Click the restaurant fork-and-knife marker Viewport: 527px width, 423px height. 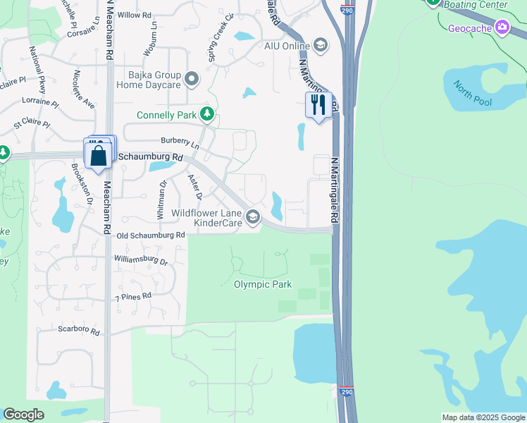click(x=318, y=105)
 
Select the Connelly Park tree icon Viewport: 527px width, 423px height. click(x=206, y=114)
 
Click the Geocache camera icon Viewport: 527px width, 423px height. click(x=502, y=27)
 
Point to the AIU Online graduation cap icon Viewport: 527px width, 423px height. click(x=321, y=46)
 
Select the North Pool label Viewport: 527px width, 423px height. click(x=472, y=94)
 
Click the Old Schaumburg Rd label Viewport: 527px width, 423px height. click(x=151, y=235)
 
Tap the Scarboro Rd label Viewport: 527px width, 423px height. click(x=79, y=331)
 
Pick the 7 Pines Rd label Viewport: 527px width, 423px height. click(x=133, y=298)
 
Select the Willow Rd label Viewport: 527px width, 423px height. click(x=135, y=15)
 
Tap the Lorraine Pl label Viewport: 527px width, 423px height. click(x=40, y=102)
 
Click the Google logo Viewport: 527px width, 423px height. click(x=23, y=415)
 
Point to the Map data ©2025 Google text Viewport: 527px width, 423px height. click(x=483, y=417)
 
